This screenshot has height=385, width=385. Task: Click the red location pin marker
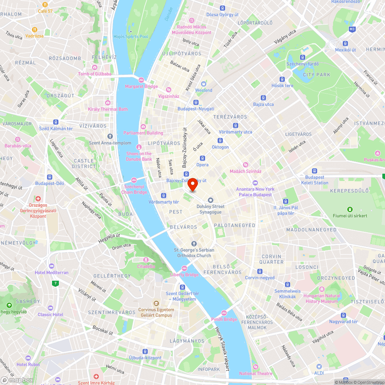point(192,185)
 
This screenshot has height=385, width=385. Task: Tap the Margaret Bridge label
point(141,86)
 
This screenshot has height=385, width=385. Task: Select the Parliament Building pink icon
point(143,127)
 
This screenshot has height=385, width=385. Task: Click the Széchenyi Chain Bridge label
point(134,189)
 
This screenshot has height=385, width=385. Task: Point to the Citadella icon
point(146,260)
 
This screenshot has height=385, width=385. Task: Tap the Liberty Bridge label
point(184,275)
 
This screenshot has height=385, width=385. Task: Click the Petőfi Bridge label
point(224,319)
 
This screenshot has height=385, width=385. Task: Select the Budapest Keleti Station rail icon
point(315,171)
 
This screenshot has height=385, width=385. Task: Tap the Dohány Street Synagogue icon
point(210,200)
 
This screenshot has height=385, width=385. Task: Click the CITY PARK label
point(316,75)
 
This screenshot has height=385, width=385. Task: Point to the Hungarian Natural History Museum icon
point(322,289)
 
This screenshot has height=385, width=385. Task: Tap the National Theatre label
point(256,373)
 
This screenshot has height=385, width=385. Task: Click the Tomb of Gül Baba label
point(94,74)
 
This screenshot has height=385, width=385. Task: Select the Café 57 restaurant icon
point(45,5)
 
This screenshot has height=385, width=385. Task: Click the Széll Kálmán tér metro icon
point(56,122)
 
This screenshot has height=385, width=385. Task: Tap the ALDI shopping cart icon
point(319,367)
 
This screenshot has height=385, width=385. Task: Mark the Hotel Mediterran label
point(51,272)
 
